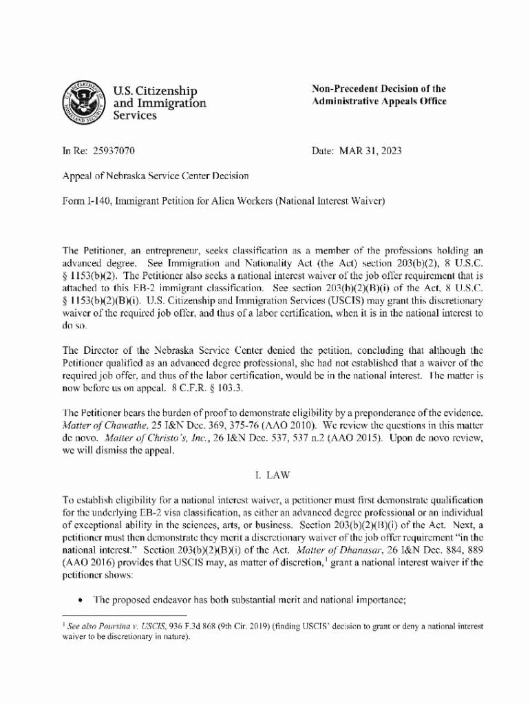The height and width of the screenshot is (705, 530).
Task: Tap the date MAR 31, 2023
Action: [372, 150]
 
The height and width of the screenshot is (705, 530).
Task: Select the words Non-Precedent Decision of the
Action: [379, 89]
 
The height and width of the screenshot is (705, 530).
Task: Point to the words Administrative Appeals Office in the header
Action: [379, 102]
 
